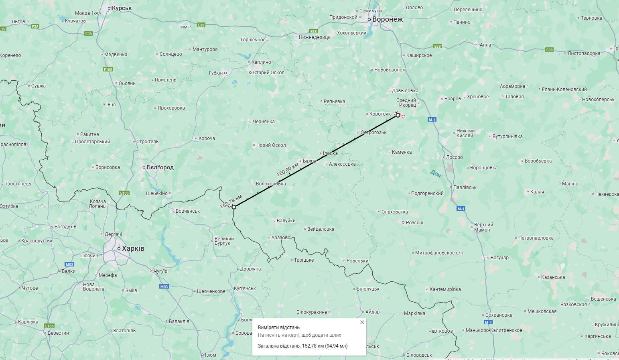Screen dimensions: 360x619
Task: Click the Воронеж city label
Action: click(x=387, y=19)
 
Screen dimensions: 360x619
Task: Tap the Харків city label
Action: click(x=133, y=248)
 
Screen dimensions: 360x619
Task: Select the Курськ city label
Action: click(x=122, y=8)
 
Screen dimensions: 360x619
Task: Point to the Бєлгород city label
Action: click(x=160, y=167)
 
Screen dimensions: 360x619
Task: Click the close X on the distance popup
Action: click(x=362, y=322)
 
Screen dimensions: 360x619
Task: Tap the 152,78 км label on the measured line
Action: click(x=231, y=202)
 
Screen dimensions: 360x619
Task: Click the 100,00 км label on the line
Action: click(x=288, y=169)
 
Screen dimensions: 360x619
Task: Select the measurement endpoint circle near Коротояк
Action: click(x=398, y=115)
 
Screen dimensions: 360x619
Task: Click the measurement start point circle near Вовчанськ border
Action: click(x=234, y=207)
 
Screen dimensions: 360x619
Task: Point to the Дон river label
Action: click(x=435, y=173)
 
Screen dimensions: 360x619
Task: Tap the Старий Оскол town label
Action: click(x=268, y=73)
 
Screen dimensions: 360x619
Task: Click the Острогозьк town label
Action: click(x=373, y=132)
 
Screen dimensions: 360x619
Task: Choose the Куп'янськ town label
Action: click(x=245, y=289)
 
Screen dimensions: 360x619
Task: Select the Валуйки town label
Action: click(x=286, y=221)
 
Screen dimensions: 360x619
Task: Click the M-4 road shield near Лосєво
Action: click(x=432, y=120)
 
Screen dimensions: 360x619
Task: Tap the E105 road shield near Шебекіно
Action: click(x=124, y=193)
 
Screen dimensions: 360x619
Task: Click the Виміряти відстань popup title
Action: click(x=279, y=327)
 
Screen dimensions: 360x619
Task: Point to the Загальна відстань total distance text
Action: click(x=302, y=346)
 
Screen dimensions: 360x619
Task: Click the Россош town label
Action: click(x=414, y=223)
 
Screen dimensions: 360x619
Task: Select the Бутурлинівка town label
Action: click(x=507, y=136)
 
